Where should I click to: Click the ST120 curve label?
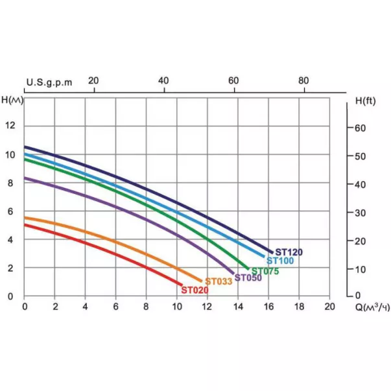289,252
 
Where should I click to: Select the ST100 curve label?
280,261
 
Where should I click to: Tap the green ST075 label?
265,271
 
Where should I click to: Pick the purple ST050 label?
248,278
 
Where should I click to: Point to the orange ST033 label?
219,281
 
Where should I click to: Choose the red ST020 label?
195,290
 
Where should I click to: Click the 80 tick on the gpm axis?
303,81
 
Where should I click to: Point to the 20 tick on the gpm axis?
93,81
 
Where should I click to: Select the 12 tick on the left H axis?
10,126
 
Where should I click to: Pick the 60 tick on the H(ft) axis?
361,128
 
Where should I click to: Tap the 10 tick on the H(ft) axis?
361,269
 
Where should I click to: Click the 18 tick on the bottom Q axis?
299,307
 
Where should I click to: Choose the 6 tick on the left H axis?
10,211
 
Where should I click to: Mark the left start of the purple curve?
25,178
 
